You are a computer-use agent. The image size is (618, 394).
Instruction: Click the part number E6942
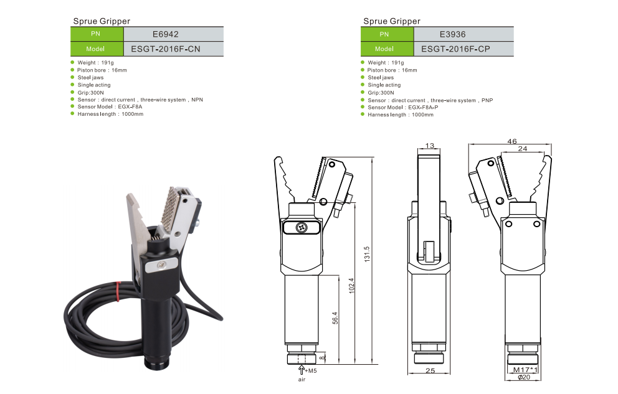[x=166, y=34]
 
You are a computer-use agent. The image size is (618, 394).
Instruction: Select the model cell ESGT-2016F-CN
[x=166, y=49]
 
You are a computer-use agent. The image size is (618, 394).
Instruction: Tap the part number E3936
[x=452, y=34]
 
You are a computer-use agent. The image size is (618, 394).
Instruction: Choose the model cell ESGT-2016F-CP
[x=455, y=49]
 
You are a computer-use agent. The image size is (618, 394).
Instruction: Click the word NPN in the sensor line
[x=197, y=100]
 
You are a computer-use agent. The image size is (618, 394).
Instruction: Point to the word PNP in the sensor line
[x=487, y=100]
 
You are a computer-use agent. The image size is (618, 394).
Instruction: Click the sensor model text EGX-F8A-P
[x=423, y=108]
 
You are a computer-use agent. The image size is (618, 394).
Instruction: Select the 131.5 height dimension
[x=367, y=255]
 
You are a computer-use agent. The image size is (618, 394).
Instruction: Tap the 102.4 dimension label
[x=351, y=286]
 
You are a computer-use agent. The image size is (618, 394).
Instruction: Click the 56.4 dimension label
[x=335, y=318]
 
